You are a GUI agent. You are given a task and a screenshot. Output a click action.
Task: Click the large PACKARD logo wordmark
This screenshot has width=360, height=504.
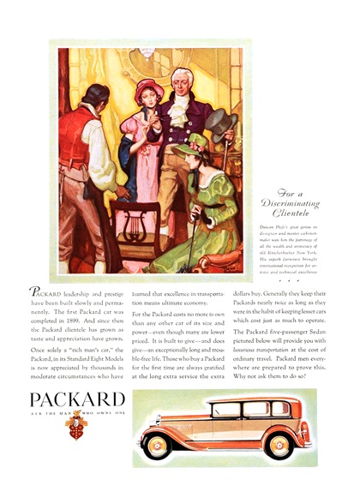(77, 399)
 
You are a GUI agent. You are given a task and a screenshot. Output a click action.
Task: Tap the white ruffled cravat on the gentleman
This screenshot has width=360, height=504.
(183, 107)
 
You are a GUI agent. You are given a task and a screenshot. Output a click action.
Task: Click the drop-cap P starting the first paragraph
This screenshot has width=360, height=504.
(34, 292)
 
